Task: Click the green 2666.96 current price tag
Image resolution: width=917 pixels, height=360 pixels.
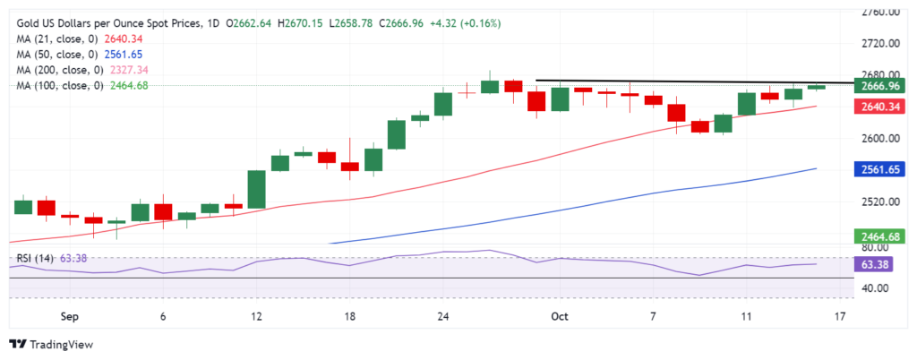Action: tap(879, 87)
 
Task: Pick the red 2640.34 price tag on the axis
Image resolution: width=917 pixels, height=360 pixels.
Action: tap(879, 107)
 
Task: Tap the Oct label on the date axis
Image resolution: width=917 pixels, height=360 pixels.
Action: tap(560, 316)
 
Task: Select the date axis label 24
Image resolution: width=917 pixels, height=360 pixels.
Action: tap(442, 316)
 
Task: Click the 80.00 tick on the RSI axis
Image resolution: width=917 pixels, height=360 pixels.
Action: tap(875, 245)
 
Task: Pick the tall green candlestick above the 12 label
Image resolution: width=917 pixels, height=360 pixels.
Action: tap(257, 189)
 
